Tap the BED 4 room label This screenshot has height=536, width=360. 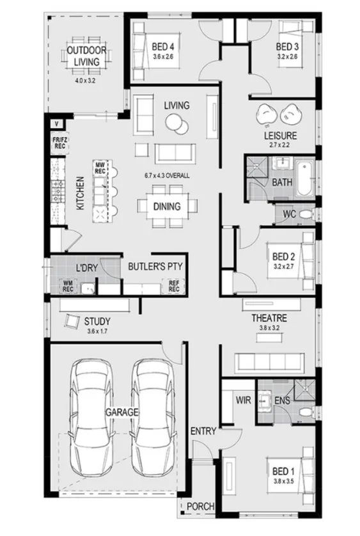click(x=163, y=47)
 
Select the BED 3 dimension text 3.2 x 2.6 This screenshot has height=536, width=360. click(x=287, y=57)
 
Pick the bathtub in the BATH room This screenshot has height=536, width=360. click(x=304, y=177)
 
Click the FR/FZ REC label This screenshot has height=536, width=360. click(x=58, y=143)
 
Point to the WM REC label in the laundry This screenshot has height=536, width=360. click(x=68, y=285)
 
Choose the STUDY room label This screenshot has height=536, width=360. click(x=97, y=321)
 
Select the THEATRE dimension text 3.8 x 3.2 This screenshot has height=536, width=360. click(x=269, y=328)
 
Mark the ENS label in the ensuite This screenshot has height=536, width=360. click(x=281, y=400)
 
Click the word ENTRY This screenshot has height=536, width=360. click(x=203, y=432)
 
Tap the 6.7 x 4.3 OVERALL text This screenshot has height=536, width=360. click(x=166, y=175)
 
